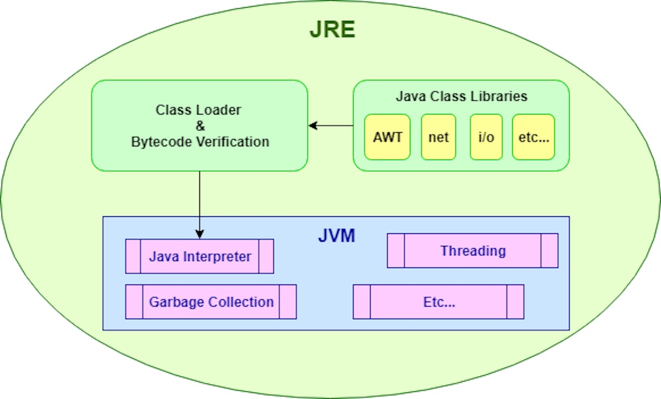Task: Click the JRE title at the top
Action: [332, 30]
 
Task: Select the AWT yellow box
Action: [387, 137]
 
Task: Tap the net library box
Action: [438, 137]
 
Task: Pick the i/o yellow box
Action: [486, 137]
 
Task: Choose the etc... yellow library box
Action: [533, 137]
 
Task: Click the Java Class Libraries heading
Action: [461, 97]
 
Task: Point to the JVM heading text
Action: [337, 237]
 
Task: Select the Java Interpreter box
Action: [199, 256]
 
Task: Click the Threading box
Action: [473, 251]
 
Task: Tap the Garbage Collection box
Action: [211, 302]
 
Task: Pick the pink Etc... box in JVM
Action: [438, 302]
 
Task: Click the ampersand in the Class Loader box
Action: [199, 126]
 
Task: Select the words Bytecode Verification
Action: [200, 142]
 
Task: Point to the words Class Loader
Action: [198, 110]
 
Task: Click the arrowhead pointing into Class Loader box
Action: [312, 126]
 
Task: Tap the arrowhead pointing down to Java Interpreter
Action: [199, 234]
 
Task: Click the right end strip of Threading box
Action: [549, 251]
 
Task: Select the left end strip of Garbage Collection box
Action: [134, 302]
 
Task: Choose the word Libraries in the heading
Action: [501, 97]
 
